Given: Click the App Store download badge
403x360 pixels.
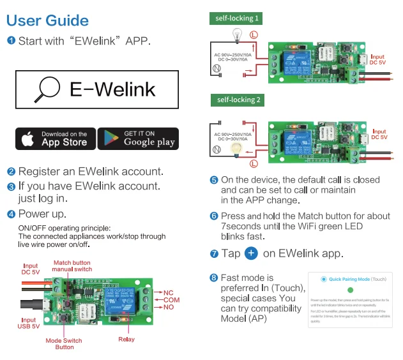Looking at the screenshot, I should (56, 139).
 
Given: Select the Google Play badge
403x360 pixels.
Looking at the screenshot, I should (138, 139).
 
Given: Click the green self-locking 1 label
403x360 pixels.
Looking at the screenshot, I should (236, 19).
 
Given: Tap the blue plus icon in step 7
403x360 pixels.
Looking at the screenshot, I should (252, 253).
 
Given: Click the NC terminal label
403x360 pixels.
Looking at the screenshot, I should (168, 293).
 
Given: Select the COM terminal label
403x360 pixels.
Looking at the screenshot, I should (171, 300).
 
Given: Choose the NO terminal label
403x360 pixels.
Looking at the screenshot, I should (168, 307).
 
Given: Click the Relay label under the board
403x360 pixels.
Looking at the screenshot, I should (126, 339).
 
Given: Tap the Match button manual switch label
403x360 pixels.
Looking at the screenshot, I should (72, 266).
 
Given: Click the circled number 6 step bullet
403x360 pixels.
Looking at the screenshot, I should (214, 216).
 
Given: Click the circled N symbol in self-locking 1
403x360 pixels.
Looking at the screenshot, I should (217, 68).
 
